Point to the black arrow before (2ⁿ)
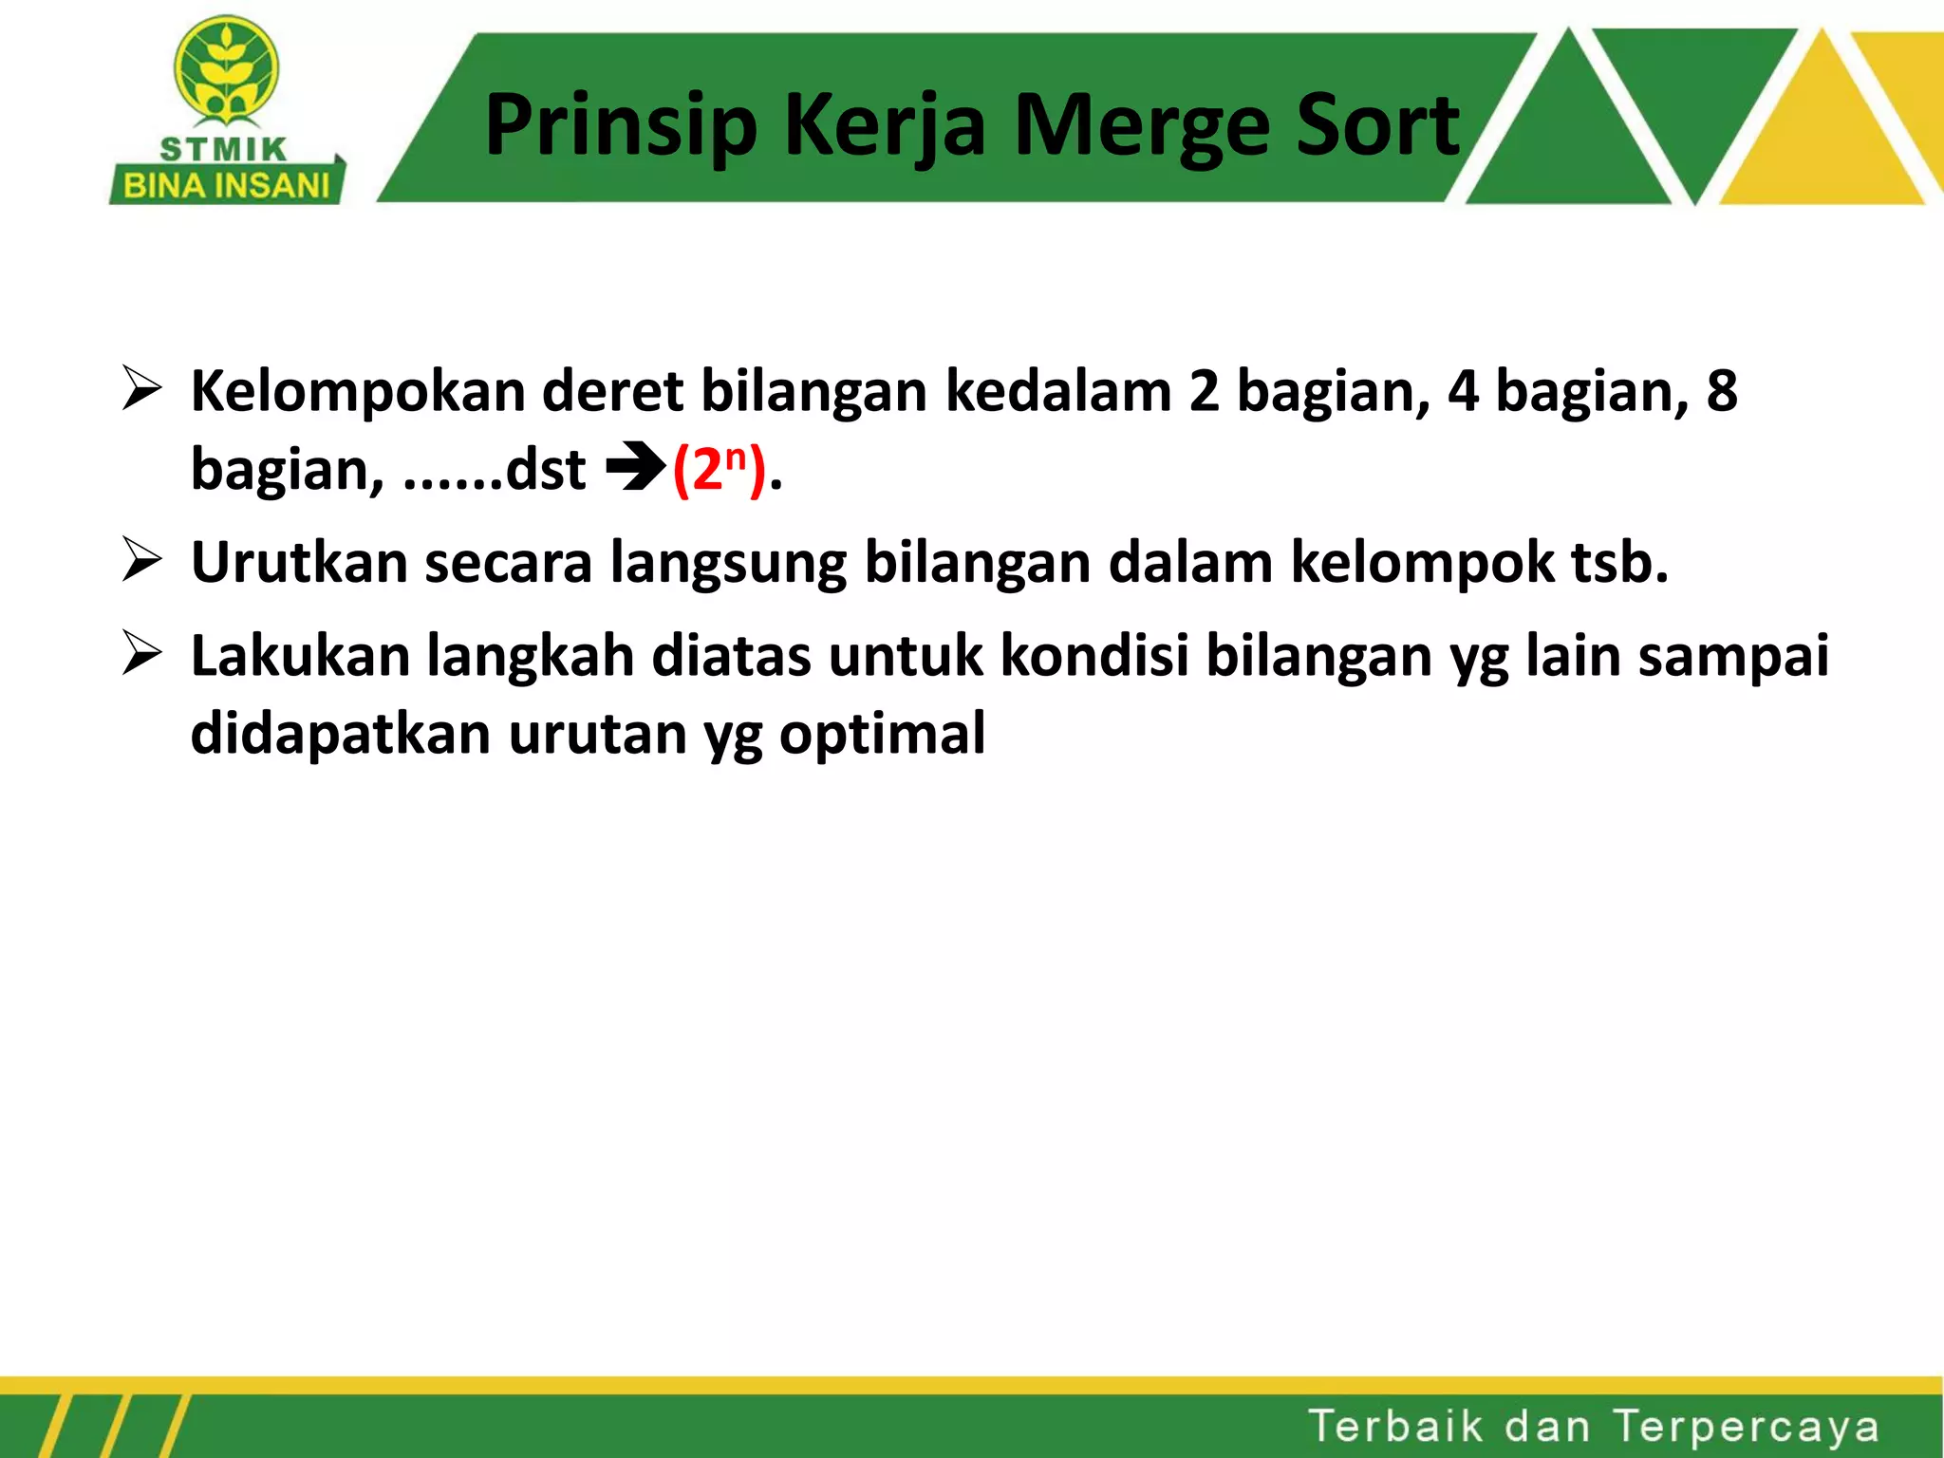[x=634, y=469]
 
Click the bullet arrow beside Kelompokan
[x=141, y=390]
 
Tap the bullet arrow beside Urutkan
[x=141, y=560]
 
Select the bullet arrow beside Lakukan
[x=141, y=654]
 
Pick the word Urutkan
[x=299, y=562]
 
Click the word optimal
[x=882, y=734]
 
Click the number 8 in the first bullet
[x=1722, y=391]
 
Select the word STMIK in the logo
[x=223, y=150]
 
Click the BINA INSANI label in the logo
[x=226, y=186]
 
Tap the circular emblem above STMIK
[x=226, y=71]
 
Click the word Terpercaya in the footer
[x=1746, y=1427]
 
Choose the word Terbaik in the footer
[x=1395, y=1427]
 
